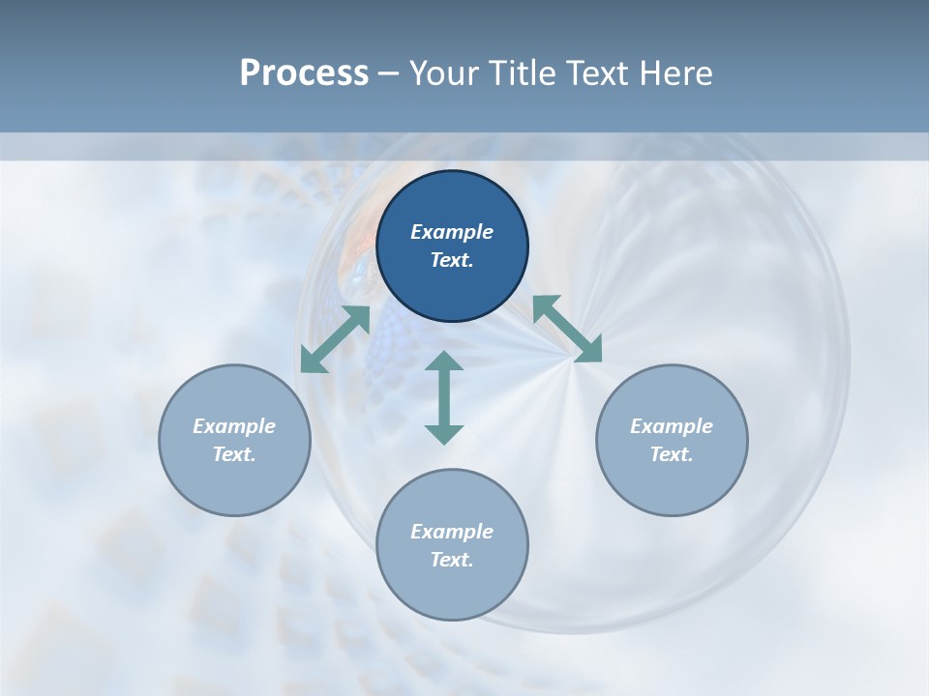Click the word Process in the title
click(x=304, y=73)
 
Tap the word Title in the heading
click(x=524, y=73)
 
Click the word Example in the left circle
click(x=234, y=426)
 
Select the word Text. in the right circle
click(x=672, y=454)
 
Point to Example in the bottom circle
click(x=452, y=532)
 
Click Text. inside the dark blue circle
click(x=452, y=260)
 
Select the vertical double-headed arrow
click(x=444, y=397)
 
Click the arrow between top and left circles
click(x=335, y=338)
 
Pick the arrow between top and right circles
click(x=567, y=329)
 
